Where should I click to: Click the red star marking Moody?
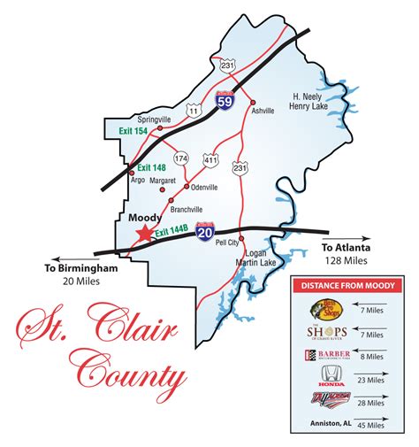tap(141, 233)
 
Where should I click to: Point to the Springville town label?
tap(154, 118)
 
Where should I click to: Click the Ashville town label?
tap(263, 111)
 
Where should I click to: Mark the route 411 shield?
tap(209, 158)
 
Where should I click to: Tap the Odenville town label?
tap(205, 187)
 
